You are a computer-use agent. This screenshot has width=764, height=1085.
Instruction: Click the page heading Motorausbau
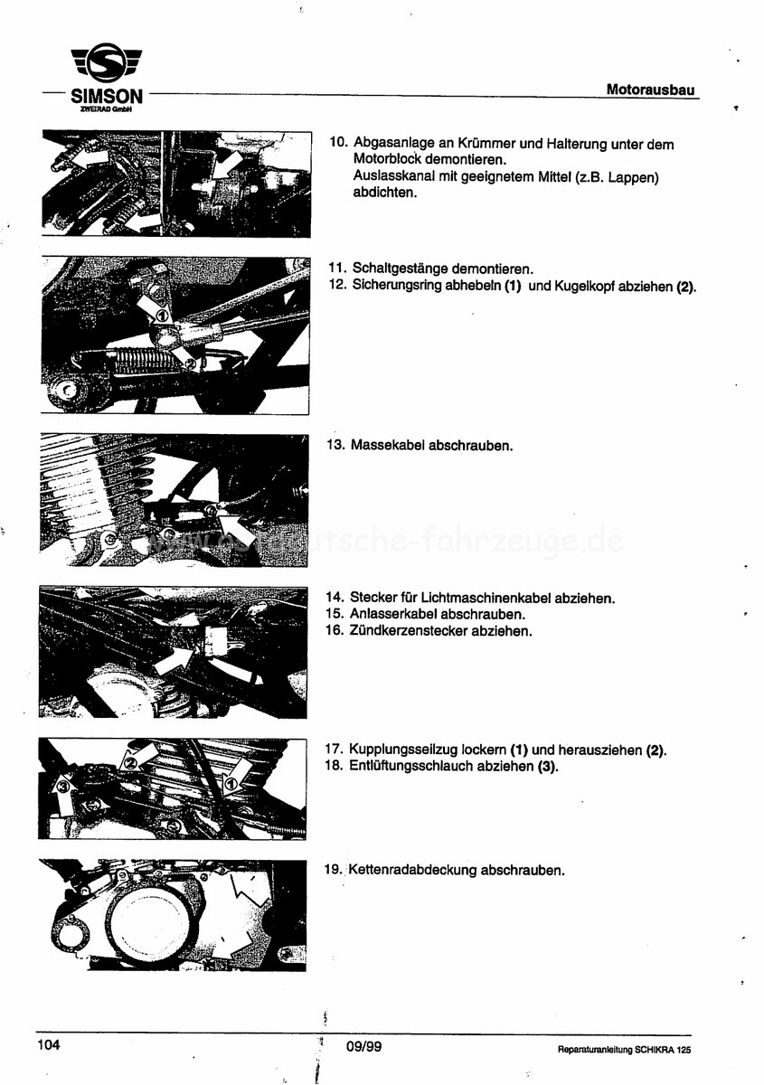pyautogui.click(x=650, y=90)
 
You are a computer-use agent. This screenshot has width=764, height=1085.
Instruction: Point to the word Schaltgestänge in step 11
pyautogui.click(x=397, y=269)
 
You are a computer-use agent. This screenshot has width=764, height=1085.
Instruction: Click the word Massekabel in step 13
pyautogui.click(x=383, y=446)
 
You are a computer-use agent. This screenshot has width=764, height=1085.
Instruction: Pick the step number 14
pyautogui.click(x=333, y=598)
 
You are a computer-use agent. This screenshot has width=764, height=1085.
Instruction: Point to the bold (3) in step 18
pyautogui.click(x=547, y=767)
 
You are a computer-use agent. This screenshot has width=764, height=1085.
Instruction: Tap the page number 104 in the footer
pyautogui.click(x=49, y=1045)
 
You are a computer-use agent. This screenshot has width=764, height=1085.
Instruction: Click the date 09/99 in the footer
pyautogui.click(x=363, y=1047)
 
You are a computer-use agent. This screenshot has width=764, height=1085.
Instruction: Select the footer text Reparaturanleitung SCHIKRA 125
pyautogui.click(x=624, y=1050)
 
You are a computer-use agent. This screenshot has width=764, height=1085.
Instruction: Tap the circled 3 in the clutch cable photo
pyautogui.click(x=62, y=789)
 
